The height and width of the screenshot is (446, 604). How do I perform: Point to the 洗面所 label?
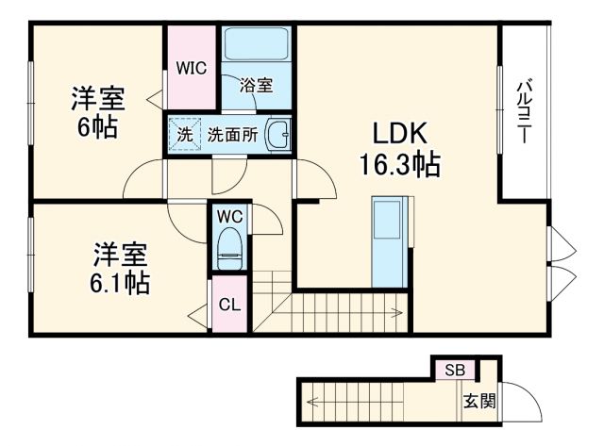tap(233, 134)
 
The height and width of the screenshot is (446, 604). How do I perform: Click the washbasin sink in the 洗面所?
tap(277, 134)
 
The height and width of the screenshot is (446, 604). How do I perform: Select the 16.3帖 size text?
tap(398, 165)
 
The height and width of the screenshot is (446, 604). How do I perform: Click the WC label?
tap(230, 216)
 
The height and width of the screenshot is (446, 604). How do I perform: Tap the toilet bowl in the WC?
tap(229, 248)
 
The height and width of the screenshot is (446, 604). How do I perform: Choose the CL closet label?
tap(230, 304)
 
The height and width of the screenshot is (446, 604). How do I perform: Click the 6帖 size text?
tap(97, 128)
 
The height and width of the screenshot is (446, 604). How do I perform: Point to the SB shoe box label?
tap(455, 369)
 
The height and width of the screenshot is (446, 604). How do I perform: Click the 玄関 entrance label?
tap(478, 402)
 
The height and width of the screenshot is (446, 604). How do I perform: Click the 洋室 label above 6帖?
tap(98, 99)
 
